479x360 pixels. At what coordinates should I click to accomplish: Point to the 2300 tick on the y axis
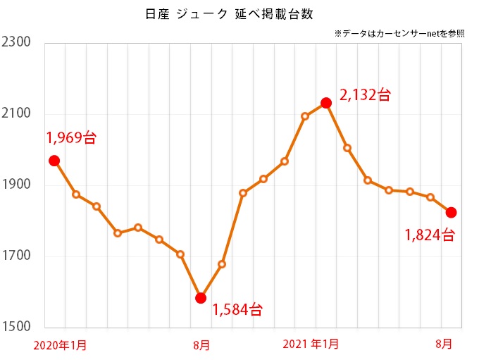click(x=16, y=43)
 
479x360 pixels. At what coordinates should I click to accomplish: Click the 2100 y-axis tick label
click(x=16, y=114)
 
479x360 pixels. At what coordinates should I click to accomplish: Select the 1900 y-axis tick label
click(x=16, y=185)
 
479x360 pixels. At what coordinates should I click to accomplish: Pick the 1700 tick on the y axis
click(x=16, y=256)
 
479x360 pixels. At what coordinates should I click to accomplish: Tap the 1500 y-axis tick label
click(x=16, y=328)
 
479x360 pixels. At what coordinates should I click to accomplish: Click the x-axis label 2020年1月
click(x=61, y=345)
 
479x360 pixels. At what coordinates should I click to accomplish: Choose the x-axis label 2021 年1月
click(x=311, y=345)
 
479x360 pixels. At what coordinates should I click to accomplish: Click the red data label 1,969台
click(x=71, y=138)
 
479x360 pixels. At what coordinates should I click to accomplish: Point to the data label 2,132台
click(x=365, y=95)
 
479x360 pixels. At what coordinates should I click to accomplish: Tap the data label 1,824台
click(x=430, y=235)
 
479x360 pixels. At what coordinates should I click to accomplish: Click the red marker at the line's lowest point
click(x=201, y=298)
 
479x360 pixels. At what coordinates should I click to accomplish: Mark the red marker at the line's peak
click(x=326, y=103)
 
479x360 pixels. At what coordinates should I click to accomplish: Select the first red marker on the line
click(x=54, y=161)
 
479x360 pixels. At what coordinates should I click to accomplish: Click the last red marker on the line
click(x=452, y=212)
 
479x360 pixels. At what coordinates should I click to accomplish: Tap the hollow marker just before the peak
click(x=305, y=116)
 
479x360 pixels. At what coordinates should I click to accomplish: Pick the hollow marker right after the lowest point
click(x=222, y=264)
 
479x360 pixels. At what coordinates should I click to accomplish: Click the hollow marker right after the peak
click(x=347, y=148)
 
